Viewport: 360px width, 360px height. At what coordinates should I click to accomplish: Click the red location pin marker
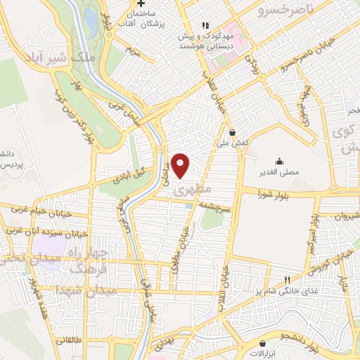click(181, 165)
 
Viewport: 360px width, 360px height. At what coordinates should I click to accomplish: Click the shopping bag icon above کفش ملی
click(233, 131)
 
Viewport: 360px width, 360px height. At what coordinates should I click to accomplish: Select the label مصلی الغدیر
click(280, 172)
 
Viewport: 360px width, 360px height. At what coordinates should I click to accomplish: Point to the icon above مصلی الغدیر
click(280, 160)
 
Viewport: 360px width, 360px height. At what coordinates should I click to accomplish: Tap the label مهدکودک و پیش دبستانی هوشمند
click(205, 40)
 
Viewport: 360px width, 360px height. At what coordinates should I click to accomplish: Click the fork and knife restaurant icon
click(286, 279)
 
